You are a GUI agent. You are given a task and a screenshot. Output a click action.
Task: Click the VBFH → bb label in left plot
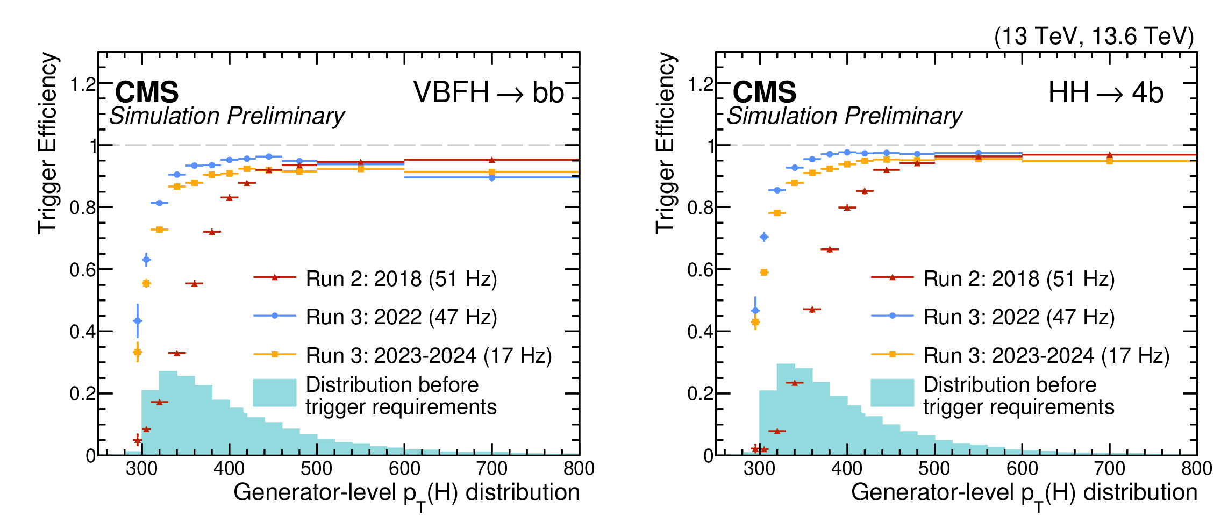pyautogui.click(x=489, y=92)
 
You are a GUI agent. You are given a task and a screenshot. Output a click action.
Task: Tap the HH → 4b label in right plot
pyautogui.click(x=1106, y=92)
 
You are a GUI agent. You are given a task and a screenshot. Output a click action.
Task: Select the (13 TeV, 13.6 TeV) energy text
pyautogui.click(x=1094, y=36)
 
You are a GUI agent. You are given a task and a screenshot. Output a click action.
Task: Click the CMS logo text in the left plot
pyautogui.click(x=147, y=92)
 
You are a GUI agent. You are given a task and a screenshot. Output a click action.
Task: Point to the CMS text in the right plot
pyautogui.click(x=765, y=92)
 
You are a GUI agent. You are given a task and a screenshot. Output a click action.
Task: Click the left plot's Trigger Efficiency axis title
pyautogui.click(x=47, y=144)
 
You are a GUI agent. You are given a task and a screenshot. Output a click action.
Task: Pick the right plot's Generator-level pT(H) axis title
pyautogui.click(x=1024, y=495)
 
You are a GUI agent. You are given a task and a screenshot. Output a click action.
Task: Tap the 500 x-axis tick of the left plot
pyautogui.click(x=317, y=469)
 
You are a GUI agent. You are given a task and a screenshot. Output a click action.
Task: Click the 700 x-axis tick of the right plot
pyautogui.click(x=1110, y=469)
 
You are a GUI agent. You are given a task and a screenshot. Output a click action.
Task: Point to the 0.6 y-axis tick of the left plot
pyautogui.click(x=82, y=269)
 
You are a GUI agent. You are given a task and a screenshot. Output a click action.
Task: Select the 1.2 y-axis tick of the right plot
pyautogui.click(x=700, y=84)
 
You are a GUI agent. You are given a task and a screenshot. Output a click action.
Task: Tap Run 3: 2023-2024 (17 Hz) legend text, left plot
pyautogui.click(x=429, y=356)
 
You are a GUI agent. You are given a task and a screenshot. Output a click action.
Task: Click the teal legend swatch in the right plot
pyautogui.click(x=893, y=392)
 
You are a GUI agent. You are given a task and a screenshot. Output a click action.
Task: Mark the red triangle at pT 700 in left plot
pyautogui.click(x=492, y=160)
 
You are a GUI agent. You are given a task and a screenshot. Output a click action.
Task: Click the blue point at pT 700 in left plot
pyautogui.click(x=492, y=177)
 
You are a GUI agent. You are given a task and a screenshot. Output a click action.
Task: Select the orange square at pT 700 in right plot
pyautogui.click(x=1110, y=161)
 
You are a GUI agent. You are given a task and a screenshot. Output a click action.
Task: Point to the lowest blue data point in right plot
pyautogui.click(x=755, y=310)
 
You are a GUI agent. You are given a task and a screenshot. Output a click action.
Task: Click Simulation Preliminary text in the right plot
pyautogui.click(x=844, y=117)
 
